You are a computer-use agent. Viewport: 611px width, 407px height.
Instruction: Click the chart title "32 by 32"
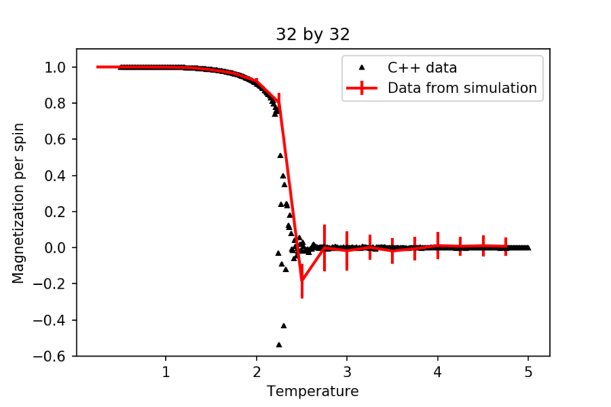point(312,35)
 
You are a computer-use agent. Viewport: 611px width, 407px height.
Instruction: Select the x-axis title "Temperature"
point(312,392)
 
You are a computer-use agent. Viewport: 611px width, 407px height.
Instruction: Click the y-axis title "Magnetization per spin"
point(18,202)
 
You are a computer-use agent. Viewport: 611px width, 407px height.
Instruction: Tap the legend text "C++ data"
point(422,67)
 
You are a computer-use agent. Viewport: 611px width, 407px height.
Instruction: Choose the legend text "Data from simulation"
point(462,88)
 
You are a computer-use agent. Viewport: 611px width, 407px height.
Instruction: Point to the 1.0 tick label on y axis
point(56,67)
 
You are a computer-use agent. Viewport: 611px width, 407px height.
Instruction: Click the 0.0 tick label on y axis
point(56,247)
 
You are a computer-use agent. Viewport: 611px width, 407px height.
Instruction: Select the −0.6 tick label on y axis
point(52,356)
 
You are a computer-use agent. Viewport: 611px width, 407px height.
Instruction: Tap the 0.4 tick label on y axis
point(56,176)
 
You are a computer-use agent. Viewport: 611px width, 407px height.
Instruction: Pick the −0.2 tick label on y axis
point(52,284)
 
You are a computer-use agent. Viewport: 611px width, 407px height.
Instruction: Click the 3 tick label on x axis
point(347,373)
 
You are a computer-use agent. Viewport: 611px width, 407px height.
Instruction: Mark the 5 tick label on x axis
point(528,373)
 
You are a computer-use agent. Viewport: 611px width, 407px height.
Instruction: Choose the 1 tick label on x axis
point(166,373)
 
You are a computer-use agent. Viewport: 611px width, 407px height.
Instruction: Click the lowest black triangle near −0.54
point(279,345)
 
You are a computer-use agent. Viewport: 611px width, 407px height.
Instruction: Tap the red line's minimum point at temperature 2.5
point(302,279)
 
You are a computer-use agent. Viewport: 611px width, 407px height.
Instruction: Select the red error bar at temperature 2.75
point(325,247)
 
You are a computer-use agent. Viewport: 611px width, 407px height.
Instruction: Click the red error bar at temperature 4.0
point(438,246)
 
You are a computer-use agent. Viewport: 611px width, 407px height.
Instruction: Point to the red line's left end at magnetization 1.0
point(98,67)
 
